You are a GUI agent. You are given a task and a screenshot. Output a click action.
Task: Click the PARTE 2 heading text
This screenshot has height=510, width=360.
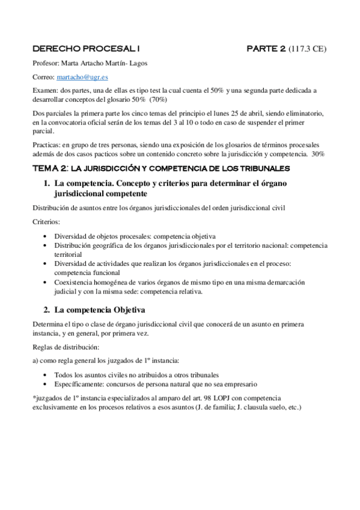(265, 49)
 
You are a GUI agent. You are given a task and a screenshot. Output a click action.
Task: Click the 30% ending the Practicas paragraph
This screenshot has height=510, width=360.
(319, 155)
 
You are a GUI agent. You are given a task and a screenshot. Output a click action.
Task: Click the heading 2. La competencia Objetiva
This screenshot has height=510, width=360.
(99, 311)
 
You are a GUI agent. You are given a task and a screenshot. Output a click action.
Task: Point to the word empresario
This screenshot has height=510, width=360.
(240, 384)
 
